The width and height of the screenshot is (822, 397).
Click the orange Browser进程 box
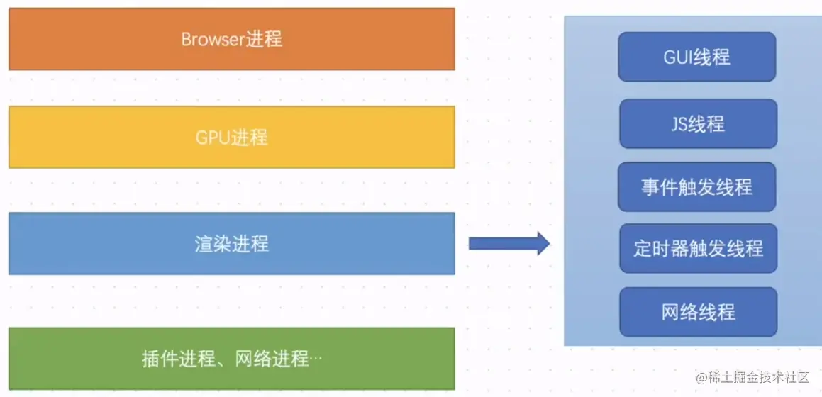click(231, 39)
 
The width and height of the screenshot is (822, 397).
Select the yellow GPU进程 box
click(231, 137)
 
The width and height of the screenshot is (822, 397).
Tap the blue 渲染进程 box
click(231, 243)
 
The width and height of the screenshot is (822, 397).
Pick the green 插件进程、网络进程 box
click(231, 359)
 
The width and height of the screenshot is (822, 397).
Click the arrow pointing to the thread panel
click(509, 244)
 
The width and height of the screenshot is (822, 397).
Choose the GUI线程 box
click(697, 57)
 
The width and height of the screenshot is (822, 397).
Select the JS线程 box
click(698, 124)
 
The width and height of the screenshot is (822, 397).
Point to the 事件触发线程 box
click(696, 187)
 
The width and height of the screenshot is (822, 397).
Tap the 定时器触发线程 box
click(698, 249)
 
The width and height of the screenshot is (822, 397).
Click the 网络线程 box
click(698, 312)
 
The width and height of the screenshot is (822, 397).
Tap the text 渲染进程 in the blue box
click(231, 244)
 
